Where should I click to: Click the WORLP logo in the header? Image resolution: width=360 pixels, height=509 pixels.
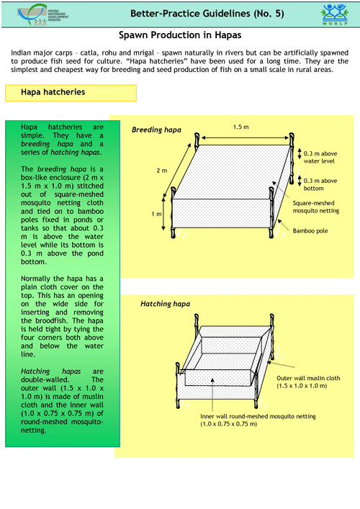coord(334,14)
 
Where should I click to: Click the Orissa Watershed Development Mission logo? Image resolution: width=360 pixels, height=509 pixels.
coord(43,14)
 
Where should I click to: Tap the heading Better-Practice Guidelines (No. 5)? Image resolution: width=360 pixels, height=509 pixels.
coord(207,14)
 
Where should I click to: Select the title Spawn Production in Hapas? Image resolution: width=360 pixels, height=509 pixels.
coord(180,35)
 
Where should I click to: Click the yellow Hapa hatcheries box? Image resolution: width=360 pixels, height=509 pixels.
coord(71,93)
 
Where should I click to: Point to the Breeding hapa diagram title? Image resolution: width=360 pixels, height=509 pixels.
coord(156,130)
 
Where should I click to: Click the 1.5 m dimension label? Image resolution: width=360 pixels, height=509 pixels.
coord(241,127)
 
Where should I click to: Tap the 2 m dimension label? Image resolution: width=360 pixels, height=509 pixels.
coord(162,171)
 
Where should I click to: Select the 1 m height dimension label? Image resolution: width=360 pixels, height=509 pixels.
coord(156,215)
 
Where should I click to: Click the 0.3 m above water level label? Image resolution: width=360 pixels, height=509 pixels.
coord(320,158)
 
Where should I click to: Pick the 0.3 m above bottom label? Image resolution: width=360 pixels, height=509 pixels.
coord(320,184)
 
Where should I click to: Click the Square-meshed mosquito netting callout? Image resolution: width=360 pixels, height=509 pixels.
coord(316,207)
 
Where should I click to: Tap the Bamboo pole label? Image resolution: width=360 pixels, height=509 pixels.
coord(310,231)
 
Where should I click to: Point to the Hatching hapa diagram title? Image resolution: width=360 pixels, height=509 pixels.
coord(165,304)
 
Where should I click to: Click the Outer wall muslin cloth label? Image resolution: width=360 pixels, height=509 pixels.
coord(308,382)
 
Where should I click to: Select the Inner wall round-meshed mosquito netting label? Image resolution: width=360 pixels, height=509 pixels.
coord(258,420)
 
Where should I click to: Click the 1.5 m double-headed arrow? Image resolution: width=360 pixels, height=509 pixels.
coord(245,138)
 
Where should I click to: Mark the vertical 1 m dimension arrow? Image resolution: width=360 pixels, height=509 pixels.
coord(163,215)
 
